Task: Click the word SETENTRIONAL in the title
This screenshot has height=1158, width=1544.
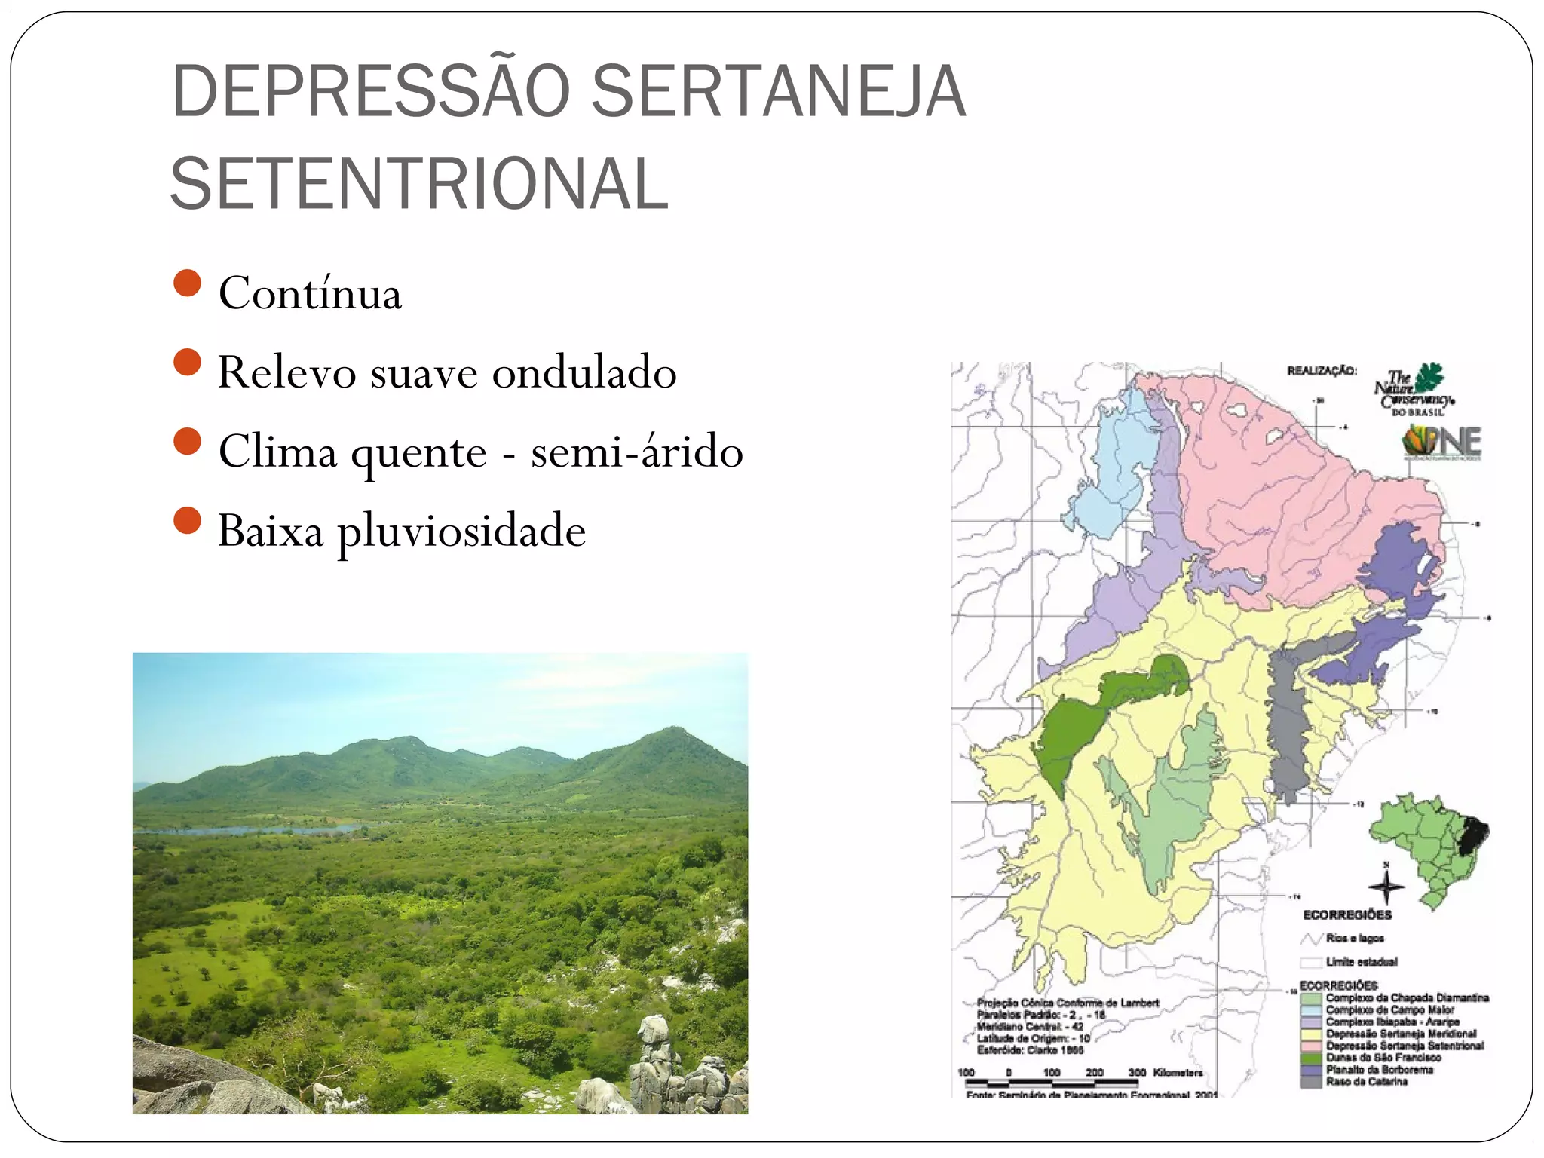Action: [x=419, y=184]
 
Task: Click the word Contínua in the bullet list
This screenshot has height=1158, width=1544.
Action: [x=310, y=293]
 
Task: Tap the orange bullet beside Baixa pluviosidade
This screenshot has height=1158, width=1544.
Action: [x=187, y=520]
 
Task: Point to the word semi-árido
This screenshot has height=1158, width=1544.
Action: [x=637, y=452]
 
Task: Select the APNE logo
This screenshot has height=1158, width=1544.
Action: [x=1441, y=442]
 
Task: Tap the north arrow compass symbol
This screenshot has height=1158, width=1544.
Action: [x=1386, y=886]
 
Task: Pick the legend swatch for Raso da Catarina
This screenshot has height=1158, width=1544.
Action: [x=1311, y=1082]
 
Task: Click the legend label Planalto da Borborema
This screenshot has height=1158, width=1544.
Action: [x=1380, y=1070]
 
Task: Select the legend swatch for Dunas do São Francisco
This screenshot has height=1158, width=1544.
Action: [x=1311, y=1058]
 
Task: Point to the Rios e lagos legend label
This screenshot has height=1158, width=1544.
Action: [x=1355, y=938]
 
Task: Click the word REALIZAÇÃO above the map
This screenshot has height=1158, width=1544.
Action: [x=1322, y=371]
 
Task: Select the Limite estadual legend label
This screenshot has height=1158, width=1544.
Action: [x=1362, y=962]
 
